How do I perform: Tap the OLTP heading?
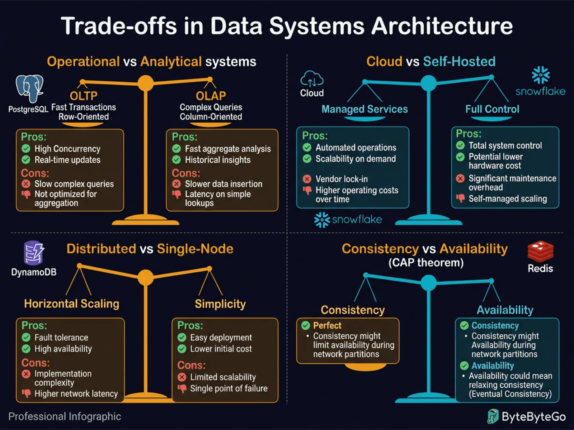point(84,96)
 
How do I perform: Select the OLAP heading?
point(211,96)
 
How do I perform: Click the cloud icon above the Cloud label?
point(311,79)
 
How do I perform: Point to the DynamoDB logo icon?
point(34,253)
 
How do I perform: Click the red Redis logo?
point(540,251)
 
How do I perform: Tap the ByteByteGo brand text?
point(533,417)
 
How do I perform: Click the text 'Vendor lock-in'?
point(341,179)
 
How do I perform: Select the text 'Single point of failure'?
point(229,388)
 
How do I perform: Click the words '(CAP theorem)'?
point(426,263)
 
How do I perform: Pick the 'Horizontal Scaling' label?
point(71,304)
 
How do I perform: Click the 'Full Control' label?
point(492,109)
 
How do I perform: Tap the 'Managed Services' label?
point(364,109)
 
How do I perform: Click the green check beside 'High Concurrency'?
point(26,149)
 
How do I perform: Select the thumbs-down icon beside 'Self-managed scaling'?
point(460,198)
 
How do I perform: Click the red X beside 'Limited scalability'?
point(182,377)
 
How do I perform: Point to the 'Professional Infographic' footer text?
point(65,416)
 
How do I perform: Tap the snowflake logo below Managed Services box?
point(348,219)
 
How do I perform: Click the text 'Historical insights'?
point(217,160)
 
